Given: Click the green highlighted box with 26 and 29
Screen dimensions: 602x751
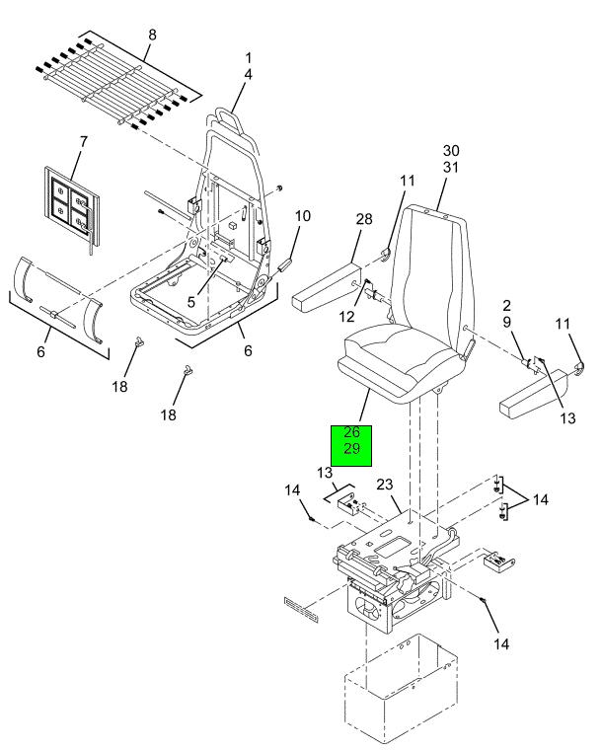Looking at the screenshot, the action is tap(351, 445).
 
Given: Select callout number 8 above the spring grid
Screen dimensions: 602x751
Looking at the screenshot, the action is tap(152, 35).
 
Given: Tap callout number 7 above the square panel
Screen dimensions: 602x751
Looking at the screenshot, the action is tap(84, 142).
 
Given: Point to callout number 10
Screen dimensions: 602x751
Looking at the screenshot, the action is tap(303, 216).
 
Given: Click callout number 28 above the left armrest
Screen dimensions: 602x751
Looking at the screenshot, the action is tap(364, 219).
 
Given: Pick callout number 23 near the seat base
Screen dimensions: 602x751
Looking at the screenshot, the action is tap(384, 485).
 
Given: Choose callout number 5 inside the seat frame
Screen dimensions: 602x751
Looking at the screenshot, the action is tap(191, 302).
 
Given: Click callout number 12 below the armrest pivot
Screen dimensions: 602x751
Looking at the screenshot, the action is tap(346, 317).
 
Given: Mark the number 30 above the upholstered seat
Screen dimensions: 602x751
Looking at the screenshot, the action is tap(451, 151).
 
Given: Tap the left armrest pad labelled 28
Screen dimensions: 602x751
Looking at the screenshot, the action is tap(327, 292).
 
